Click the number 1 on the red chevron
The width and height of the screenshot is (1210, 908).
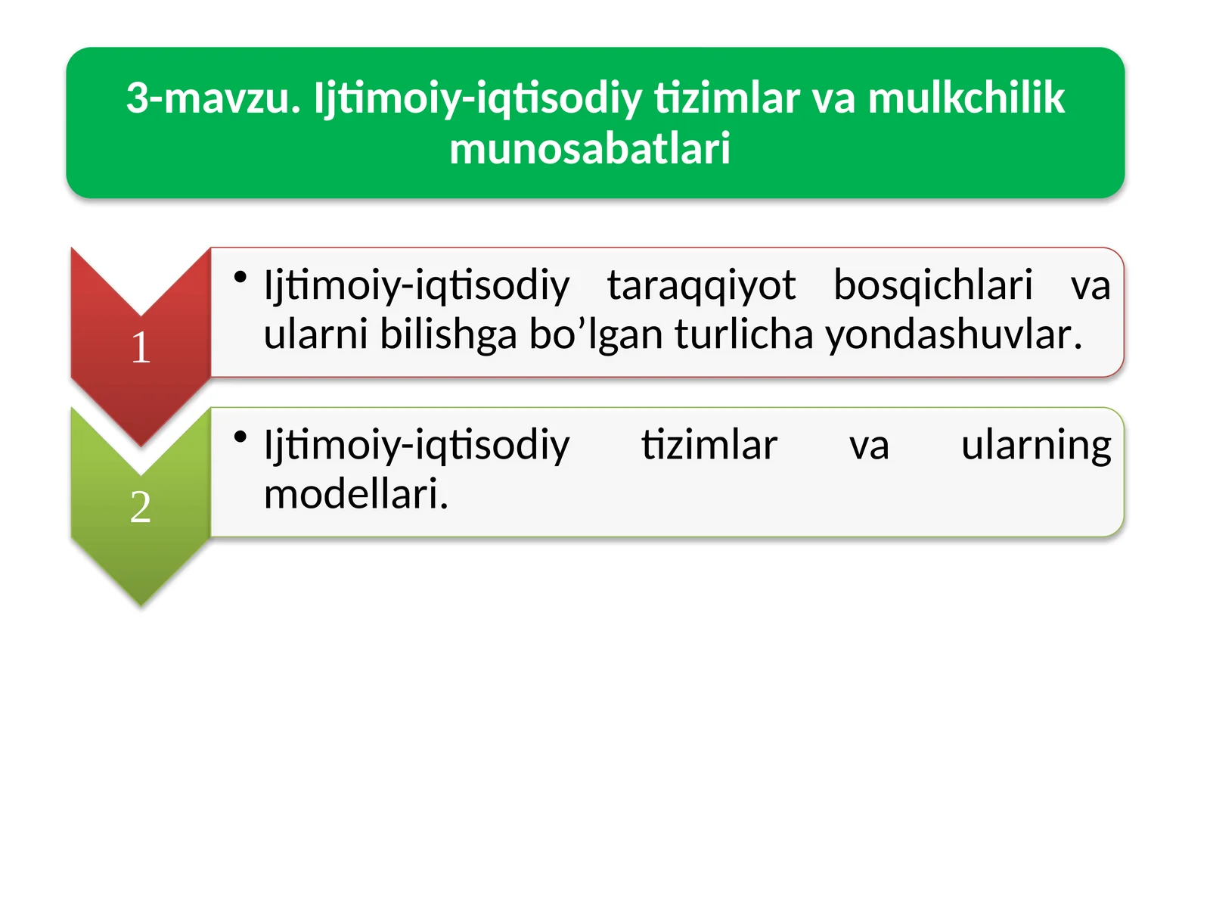(x=141, y=348)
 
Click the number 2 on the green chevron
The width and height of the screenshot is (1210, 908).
(x=141, y=508)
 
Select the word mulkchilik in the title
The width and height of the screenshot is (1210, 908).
(x=966, y=98)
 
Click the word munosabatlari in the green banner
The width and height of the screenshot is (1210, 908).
(x=590, y=148)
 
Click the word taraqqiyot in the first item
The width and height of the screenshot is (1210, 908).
(x=701, y=286)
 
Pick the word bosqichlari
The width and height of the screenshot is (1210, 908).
(x=932, y=286)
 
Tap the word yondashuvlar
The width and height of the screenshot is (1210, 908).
(x=953, y=335)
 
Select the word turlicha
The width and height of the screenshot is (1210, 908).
(x=742, y=335)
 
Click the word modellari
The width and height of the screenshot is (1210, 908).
(x=355, y=495)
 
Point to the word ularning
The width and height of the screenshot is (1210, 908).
(x=1035, y=445)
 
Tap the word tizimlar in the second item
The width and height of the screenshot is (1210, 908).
(x=709, y=445)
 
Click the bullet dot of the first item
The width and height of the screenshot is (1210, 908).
(x=240, y=278)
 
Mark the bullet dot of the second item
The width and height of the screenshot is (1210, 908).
(x=240, y=437)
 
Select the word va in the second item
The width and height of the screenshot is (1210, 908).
(x=869, y=446)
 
